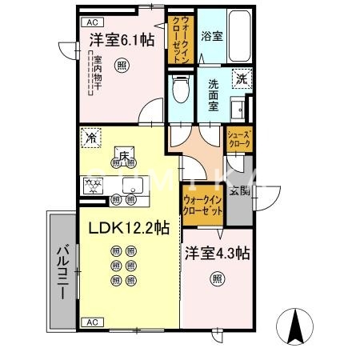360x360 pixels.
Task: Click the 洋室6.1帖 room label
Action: click(x=121, y=38)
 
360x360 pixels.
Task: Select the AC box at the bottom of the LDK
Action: click(x=94, y=321)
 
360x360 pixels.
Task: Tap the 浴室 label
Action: click(x=212, y=36)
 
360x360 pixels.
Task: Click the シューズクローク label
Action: click(x=239, y=138)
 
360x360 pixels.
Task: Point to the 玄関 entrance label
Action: click(x=239, y=190)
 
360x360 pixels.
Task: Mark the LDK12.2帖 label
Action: click(x=128, y=227)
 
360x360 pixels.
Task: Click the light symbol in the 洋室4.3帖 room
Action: click(x=218, y=278)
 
